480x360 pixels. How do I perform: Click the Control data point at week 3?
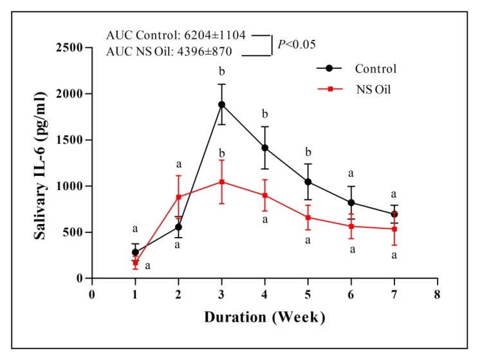(221, 104)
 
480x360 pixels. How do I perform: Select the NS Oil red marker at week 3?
(221, 182)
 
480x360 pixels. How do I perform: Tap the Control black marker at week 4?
(264, 147)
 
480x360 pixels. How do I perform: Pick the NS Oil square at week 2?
(178, 197)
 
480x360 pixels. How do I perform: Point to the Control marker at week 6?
(351, 203)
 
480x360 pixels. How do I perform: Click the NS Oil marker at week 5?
(308, 218)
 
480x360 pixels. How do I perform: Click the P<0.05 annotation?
(297, 44)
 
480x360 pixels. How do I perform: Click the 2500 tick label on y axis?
(70, 48)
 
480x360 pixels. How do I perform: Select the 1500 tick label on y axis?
(70, 140)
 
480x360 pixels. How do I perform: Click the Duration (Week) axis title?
(264, 317)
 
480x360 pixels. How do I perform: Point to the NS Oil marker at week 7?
(394, 229)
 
